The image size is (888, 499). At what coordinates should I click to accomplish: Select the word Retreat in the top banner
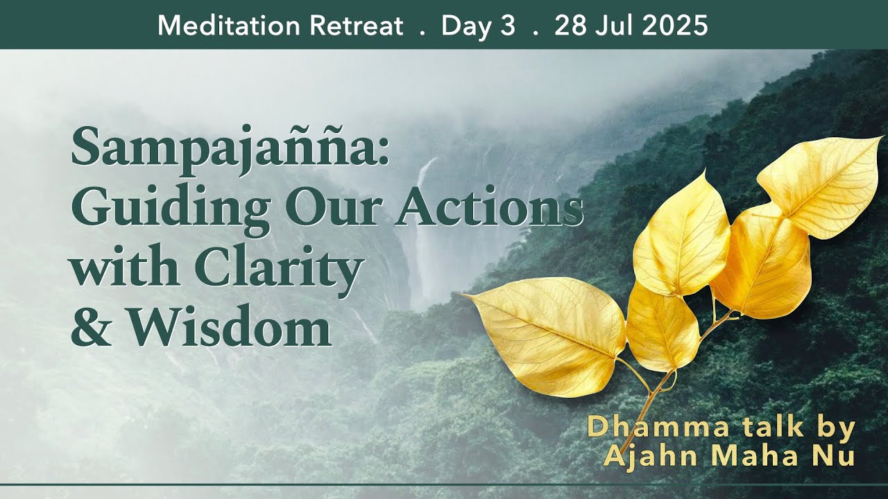click(358, 26)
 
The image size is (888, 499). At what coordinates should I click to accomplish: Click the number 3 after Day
click(509, 26)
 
